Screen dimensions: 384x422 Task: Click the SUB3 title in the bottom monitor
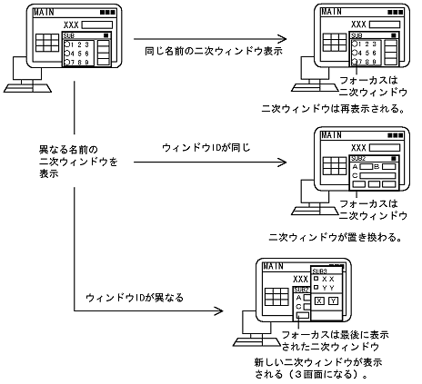(320, 271)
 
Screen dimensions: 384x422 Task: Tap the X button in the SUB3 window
(318, 300)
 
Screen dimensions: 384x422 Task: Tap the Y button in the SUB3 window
(333, 300)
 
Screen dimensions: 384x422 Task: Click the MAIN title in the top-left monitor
(43, 14)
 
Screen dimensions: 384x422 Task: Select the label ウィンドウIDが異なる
(124, 297)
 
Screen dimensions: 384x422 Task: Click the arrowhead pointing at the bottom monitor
(220, 310)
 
